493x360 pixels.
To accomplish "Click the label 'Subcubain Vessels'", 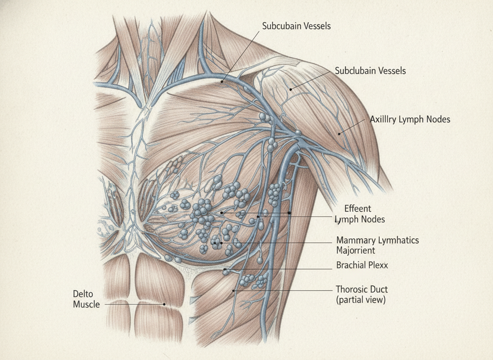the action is pos(296,26).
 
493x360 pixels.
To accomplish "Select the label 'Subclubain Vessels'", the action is pos(370,70).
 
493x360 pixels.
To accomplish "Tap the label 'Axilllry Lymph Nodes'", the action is pos(410,120).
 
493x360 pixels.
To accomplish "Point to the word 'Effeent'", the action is pos(358,208).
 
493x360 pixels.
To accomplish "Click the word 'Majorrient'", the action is pos(356,250).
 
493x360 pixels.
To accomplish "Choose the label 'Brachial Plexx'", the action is pos(362,265).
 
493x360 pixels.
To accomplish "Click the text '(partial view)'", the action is pos(361,300).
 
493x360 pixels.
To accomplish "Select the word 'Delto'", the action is pos(83,294).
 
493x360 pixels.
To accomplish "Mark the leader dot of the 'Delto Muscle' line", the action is pos(164,304).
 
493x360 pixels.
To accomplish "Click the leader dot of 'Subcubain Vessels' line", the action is pos(222,82).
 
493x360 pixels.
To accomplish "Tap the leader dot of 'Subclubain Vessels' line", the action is pos(291,90).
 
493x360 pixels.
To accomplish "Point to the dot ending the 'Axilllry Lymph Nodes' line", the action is pos(339,134).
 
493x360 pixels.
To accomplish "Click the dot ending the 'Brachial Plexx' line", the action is pos(225,269).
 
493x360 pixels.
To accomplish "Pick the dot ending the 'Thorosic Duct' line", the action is pos(234,290).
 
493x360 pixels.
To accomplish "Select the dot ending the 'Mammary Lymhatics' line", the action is pos(222,243).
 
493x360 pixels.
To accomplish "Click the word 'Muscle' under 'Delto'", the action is pos(87,304).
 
